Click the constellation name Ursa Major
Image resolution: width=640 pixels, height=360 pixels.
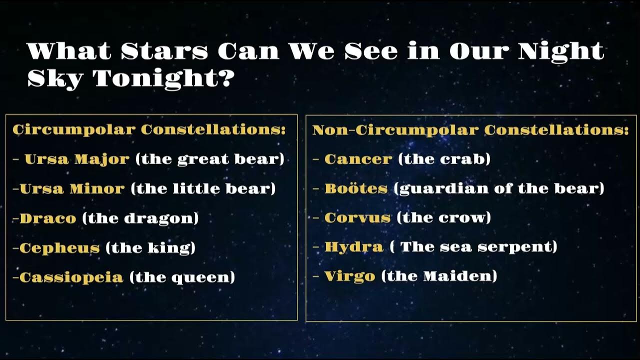pyautogui.click(x=76, y=159)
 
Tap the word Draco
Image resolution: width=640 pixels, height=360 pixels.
pyautogui.click(x=48, y=218)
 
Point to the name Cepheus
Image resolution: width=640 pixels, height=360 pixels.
pyautogui.click(x=59, y=248)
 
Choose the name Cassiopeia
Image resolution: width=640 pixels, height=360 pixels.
pyautogui.click(x=71, y=277)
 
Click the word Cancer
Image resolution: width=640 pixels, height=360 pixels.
pyautogui.click(x=358, y=159)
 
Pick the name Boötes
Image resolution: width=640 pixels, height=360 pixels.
pyautogui.click(x=356, y=189)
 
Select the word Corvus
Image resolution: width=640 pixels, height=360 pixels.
pyautogui.click(x=357, y=218)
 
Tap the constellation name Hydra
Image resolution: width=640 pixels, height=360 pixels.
pyautogui.click(x=354, y=247)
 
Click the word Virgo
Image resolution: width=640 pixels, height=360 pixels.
pyautogui.click(x=349, y=276)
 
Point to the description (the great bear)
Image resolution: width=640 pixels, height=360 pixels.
pyautogui.click(x=209, y=159)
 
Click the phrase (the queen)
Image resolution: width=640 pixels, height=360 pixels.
pyautogui.click(x=182, y=277)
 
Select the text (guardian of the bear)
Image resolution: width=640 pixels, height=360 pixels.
pyautogui.click(x=499, y=189)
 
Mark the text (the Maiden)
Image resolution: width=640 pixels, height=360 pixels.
pyautogui.click(x=439, y=276)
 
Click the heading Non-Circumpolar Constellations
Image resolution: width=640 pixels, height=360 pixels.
pyautogui.click(x=470, y=130)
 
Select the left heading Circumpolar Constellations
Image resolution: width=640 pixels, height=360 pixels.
pyautogui.click(x=149, y=130)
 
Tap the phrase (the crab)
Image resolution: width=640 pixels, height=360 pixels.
pyautogui.click(x=444, y=159)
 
